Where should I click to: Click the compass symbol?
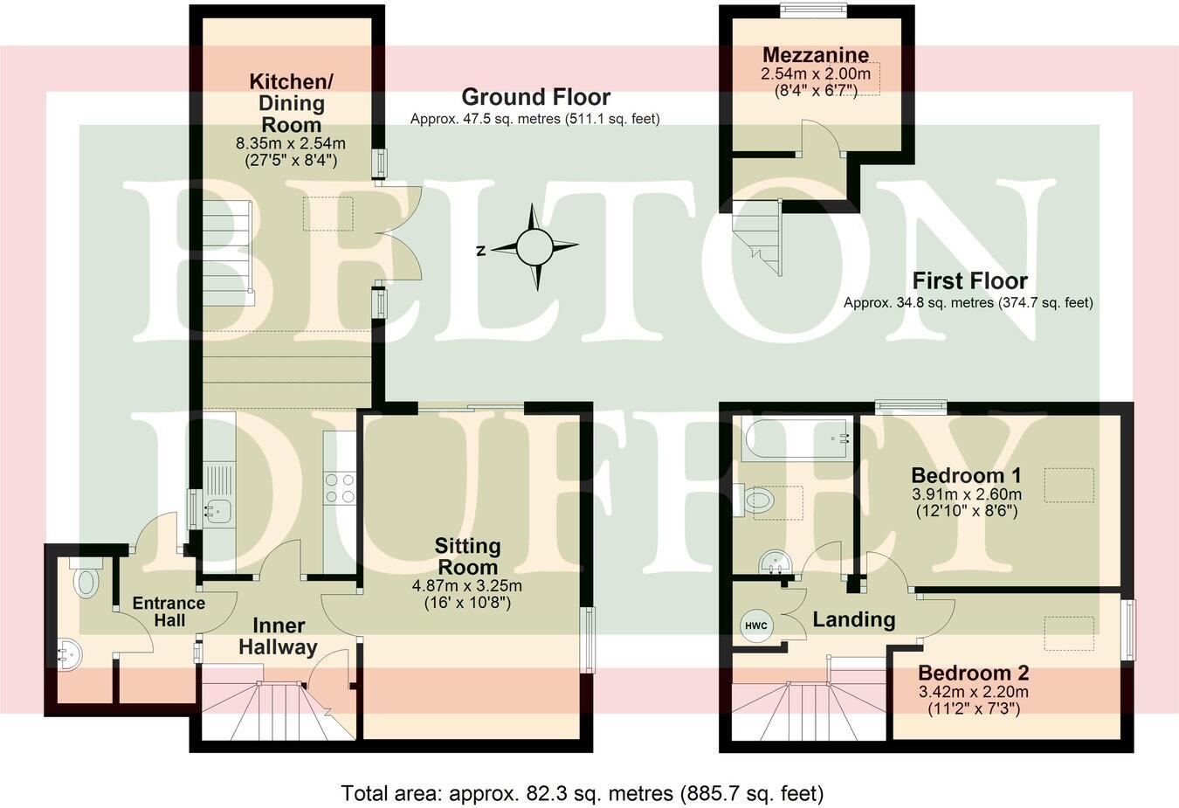pos(534,248)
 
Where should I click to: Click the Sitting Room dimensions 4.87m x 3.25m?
pos(467,586)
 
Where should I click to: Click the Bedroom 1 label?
pos(965,476)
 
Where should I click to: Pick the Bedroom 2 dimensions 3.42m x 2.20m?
pos(973,692)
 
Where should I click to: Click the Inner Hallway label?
pos(279,637)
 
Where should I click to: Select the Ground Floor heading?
pos(535,97)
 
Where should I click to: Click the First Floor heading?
pos(969,281)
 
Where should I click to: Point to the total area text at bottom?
pos(582,793)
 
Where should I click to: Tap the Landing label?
pos(853,619)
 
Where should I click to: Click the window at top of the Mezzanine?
pos(813,10)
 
